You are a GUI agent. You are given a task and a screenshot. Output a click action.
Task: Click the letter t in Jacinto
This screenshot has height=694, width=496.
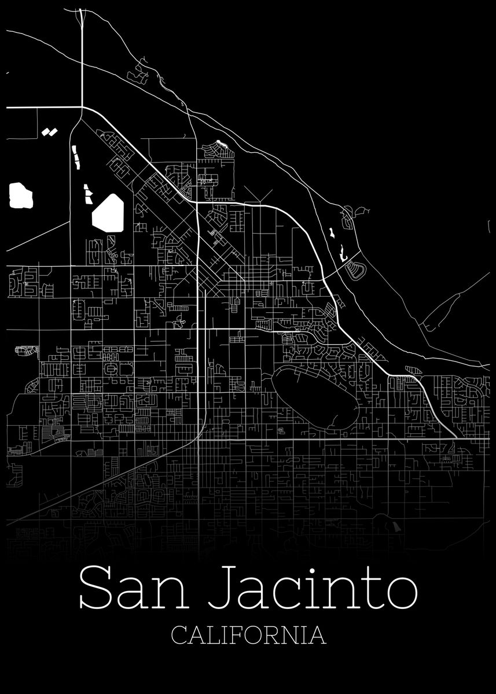(x=372, y=591)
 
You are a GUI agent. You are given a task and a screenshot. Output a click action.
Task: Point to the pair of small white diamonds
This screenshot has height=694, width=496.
(x=50, y=131)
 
